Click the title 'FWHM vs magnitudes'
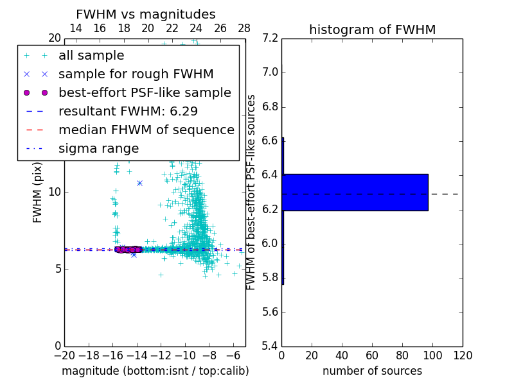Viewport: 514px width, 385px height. point(145,14)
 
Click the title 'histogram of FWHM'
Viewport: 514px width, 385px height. point(372,30)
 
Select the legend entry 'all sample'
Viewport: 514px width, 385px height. point(91,56)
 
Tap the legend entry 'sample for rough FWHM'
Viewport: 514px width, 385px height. point(136,74)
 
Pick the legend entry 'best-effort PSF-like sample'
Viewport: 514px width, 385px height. point(145,93)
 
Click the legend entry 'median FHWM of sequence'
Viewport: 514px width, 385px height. point(146,130)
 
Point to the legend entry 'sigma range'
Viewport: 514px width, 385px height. point(98,149)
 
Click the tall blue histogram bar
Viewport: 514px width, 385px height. point(355,192)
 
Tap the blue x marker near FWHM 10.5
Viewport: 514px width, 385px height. point(139,183)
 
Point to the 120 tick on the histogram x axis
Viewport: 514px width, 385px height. point(463,355)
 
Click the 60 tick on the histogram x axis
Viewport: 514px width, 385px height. point(372,355)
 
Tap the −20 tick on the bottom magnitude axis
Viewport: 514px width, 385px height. point(64,355)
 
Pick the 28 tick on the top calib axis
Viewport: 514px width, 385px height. point(244,28)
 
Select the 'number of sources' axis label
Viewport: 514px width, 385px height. point(372,371)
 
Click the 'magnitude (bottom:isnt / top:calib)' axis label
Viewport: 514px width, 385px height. point(155,371)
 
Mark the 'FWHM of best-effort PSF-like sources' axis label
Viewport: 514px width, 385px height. point(252,192)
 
